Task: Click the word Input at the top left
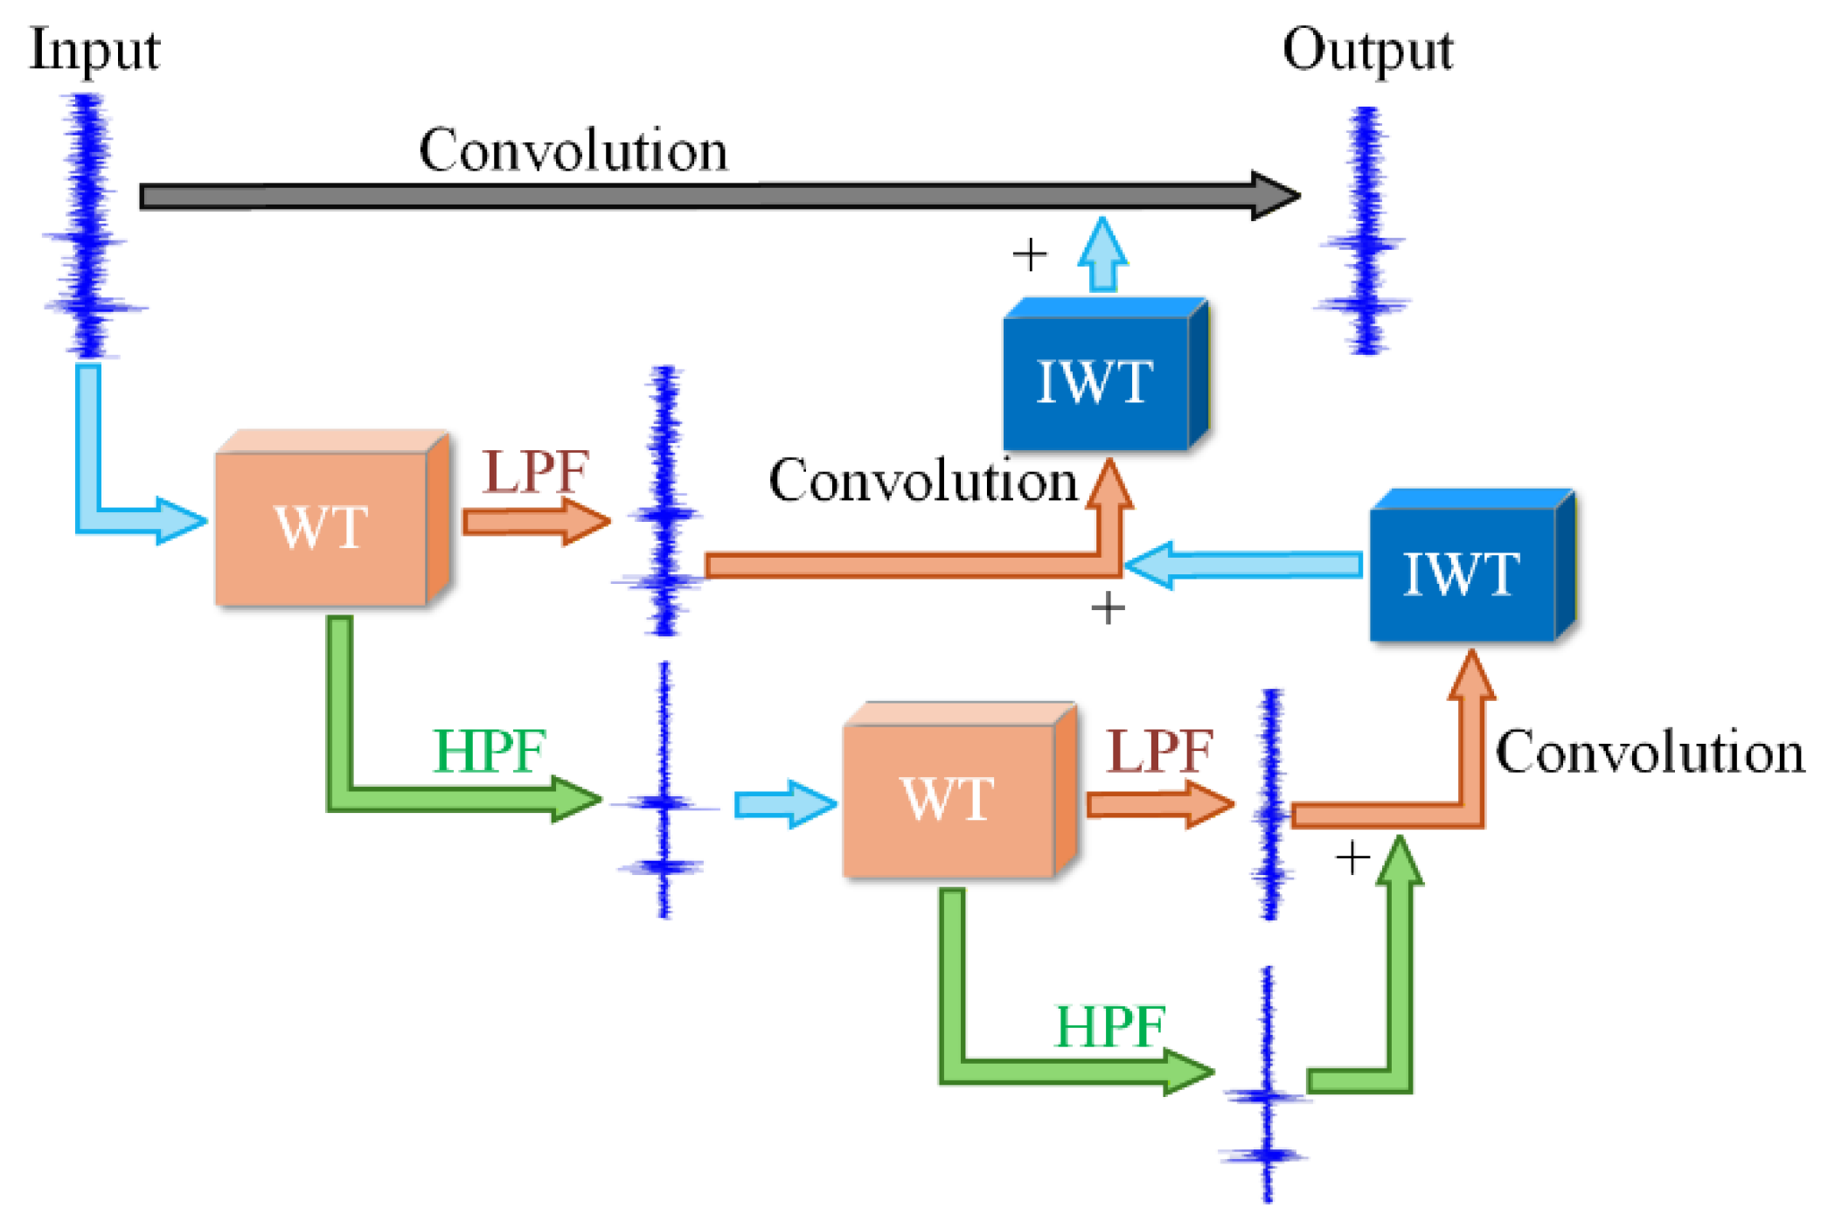(x=94, y=51)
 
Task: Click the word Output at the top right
(x=1367, y=51)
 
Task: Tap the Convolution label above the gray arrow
(x=573, y=149)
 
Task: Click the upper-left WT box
(x=332, y=517)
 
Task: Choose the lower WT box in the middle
(x=959, y=789)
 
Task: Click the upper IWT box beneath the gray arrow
(x=1106, y=374)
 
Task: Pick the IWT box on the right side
(x=1472, y=566)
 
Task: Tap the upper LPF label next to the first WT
(x=536, y=472)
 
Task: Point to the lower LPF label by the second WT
(x=1159, y=750)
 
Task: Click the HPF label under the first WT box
(x=490, y=751)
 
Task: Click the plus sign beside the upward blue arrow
(x=1030, y=254)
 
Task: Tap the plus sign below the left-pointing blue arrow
(x=1108, y=608)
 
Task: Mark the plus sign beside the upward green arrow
(x=1352, y=858)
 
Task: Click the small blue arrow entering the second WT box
(x=785, y=803)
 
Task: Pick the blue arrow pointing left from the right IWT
(x=1242, y=565)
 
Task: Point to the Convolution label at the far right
(x=1650, y=752)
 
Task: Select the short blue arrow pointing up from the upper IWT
(x=1102, y=253)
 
